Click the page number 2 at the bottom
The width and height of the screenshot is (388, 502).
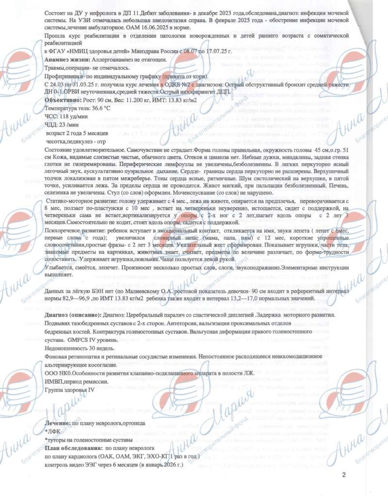(x=343, y=474)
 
